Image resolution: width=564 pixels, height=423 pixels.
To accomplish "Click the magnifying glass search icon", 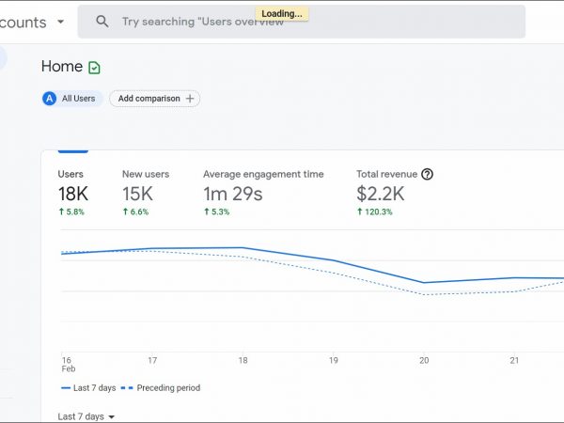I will click(x=102, y=22).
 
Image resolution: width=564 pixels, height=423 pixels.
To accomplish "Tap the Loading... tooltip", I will click(x=282, y=13).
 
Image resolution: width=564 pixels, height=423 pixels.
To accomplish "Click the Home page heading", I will click(x=61, y=67).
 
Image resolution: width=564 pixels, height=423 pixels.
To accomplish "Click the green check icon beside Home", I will click(x=94, y=68).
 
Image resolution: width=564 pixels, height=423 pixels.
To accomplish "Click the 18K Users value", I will click(x=74, y=194).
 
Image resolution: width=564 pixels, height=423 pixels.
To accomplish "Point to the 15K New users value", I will click(x=138, y=194).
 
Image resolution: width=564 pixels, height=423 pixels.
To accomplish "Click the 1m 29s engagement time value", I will click(x=233, y=194).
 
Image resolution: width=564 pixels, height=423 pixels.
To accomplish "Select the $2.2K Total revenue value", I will click(x=381, y=194).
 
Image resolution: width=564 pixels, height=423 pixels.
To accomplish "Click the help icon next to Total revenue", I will click(x=427, y=174).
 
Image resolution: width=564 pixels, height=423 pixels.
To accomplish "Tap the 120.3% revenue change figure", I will click(x=375, y=212).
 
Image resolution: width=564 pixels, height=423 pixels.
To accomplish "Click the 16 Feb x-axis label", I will click(x=67, y=365).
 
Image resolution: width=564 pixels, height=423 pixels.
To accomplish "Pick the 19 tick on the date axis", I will click(x=333, y=360).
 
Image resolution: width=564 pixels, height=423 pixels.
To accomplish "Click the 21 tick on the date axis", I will click(x=513, y=360).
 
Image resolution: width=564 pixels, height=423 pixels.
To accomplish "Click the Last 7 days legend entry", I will click(x=90, y=387).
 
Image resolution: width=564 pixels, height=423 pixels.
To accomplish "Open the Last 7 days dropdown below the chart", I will click(x=86, y=416).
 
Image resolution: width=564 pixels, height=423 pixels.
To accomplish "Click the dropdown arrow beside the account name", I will click(x=61, y=22).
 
